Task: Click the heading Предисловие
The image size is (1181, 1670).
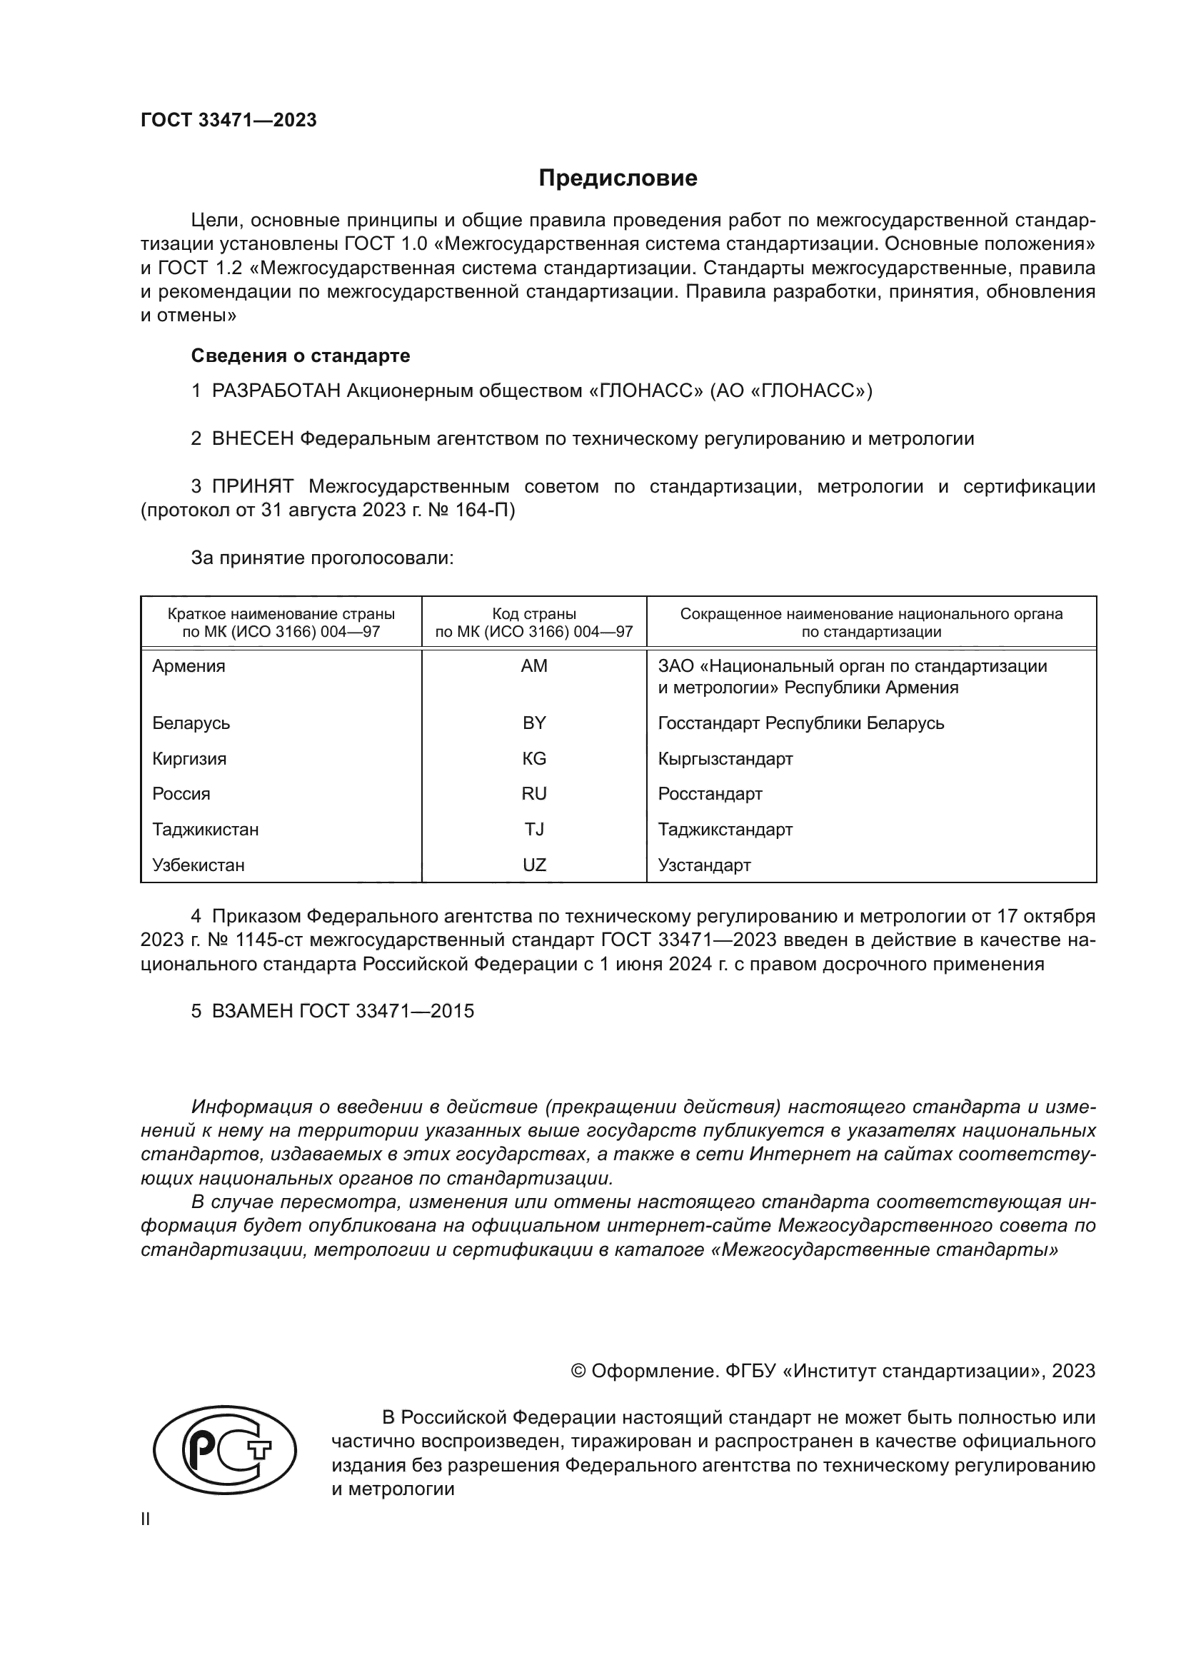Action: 618,178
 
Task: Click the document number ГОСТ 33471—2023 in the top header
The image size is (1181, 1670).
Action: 228,121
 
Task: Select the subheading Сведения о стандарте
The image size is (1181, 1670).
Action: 301,356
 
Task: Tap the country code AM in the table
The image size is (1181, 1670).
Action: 534,666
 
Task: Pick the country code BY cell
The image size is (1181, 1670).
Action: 534,723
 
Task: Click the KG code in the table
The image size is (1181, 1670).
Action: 534,759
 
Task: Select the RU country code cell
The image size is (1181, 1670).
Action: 534,793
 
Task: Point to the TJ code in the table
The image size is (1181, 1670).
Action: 534,829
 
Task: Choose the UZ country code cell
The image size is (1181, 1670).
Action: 534,865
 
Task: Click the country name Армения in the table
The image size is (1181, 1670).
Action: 189,666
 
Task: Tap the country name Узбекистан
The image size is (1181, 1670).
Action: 198,865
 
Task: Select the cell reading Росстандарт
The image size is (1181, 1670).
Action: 710,793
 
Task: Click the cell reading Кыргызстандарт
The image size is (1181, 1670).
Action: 725,759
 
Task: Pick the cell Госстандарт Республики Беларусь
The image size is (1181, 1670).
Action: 800,723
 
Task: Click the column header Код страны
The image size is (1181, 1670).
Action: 534,614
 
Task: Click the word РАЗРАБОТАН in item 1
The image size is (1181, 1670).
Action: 276,391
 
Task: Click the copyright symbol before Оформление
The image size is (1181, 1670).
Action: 578,1371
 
